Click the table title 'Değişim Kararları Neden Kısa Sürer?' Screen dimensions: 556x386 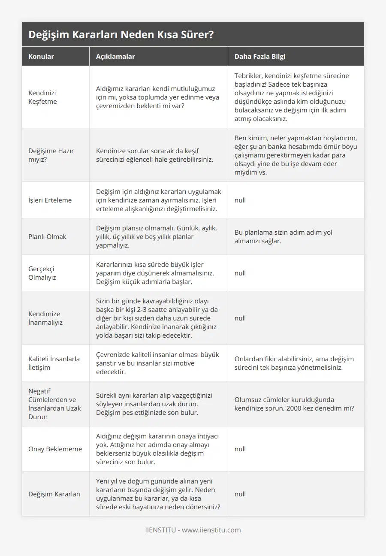(x=121, y=35)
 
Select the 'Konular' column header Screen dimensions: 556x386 (x=41, y=56)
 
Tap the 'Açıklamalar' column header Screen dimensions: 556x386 (x=115, y=56)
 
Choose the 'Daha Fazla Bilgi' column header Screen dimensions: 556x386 (x=260, y=56)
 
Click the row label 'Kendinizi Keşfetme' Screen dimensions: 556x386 (x=42, y=97)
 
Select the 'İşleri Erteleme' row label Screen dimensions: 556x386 (x=50, y=200)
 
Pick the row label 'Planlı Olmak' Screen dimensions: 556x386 (x=47, y=236)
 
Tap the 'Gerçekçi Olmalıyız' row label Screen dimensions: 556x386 (x=42, y=273)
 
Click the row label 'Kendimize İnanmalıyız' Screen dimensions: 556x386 (x=45, y=318)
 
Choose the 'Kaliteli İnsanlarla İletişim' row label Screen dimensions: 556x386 (x=54, y=363)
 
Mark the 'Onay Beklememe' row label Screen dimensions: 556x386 (x=55, y=449)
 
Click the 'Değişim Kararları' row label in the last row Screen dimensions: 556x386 (x=54, y=494)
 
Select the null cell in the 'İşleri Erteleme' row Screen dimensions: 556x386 (x=240, y=200)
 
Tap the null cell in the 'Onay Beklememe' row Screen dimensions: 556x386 (x=240, y=449)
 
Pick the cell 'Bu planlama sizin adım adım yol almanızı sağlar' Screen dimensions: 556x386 (x=283, y=236)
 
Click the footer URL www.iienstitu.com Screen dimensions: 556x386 (x=211, y=530)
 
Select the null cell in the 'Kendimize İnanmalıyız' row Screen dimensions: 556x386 (x=240, y=318)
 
